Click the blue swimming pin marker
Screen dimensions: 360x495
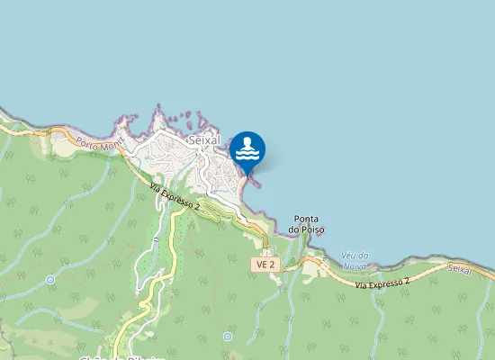(x=247, y=149)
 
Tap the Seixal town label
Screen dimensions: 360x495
(x=205, y=141)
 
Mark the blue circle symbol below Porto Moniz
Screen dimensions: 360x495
(x=50, y=280)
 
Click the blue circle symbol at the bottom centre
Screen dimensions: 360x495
(x=228, y=337)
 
